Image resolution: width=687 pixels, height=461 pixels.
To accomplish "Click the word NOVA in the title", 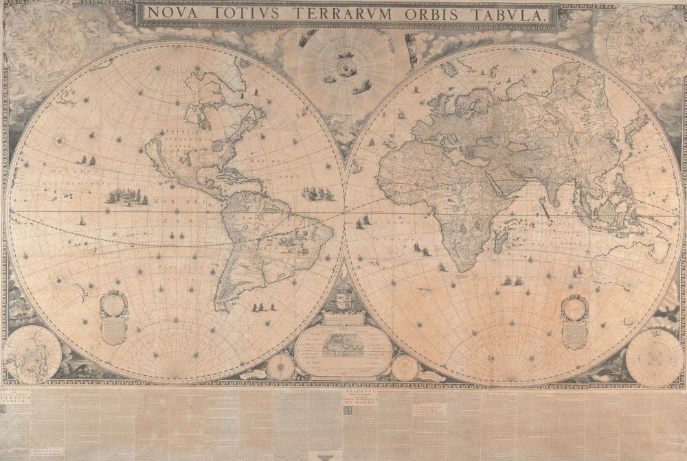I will click(x=172, y=13).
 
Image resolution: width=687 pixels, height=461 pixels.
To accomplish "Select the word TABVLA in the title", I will click(x=511, y=13).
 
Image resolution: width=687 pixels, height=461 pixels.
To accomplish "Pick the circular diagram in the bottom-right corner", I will click(x=654, y=357).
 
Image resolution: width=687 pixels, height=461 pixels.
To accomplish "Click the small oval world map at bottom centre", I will click(x=343, y=347).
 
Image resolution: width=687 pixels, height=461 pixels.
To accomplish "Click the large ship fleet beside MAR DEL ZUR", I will click(x=127, y=197).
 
